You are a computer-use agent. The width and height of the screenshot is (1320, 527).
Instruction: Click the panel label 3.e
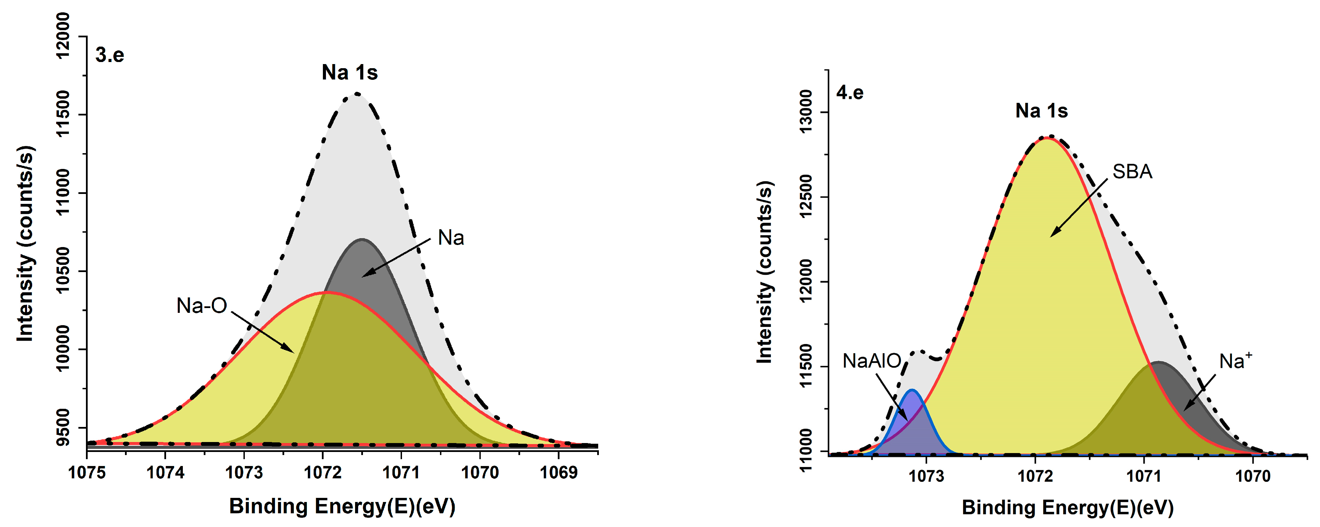[x=110, y=55]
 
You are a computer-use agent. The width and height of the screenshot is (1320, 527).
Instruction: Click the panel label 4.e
[x=850, y=93]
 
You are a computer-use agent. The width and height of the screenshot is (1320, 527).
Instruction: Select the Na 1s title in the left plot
[x=350, y=72]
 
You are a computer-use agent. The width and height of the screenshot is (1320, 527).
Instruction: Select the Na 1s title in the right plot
[x=1041, y=111]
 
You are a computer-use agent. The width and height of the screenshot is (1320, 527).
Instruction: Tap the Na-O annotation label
[x=201, y=306]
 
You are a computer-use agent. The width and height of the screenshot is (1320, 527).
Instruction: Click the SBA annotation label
[x=1132, y=172]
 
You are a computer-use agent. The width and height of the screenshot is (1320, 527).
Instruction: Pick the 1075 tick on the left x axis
[x=87, y=472]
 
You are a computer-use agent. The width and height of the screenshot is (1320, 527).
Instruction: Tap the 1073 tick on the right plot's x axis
[x=926, y=476]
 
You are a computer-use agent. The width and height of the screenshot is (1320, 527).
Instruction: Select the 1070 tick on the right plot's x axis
[x=1252, y=476]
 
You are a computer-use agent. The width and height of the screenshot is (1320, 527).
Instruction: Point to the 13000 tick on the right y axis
[x=806, y=112]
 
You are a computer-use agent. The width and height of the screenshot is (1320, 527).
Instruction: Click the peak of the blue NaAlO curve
[x=912, y=390]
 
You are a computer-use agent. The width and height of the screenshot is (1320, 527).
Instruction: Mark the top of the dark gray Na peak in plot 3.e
[x=362, y=240]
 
